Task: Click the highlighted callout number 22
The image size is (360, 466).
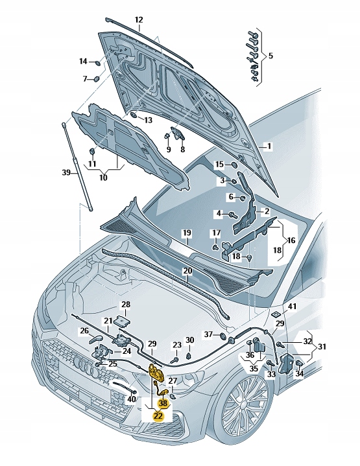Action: (158, 416)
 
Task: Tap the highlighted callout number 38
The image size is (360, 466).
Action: (162, 402)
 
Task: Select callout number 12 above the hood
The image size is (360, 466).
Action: (138, 20)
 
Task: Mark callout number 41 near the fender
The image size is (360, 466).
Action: (292, 306)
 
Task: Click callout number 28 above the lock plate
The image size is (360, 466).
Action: (126, 304)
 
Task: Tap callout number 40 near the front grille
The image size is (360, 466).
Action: (132, 399)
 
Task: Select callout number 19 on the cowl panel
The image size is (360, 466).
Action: (186, 233)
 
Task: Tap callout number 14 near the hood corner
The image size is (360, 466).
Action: (83, 62)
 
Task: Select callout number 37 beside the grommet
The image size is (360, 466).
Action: (208, 334)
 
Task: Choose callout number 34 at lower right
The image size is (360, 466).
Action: (299, 373)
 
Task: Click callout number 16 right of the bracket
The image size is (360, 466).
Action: (291, 240)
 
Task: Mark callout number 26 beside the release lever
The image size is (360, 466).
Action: (84, 331)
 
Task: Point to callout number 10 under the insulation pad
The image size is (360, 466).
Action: (104, 176)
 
